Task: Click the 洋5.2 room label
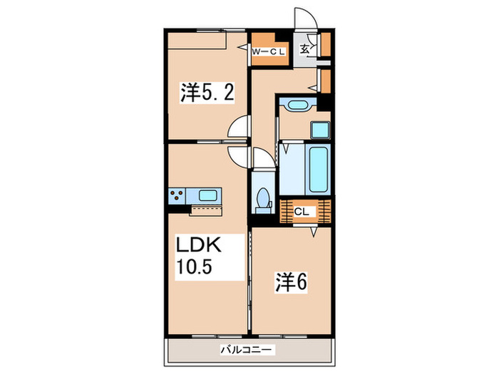click(x=207, y=92)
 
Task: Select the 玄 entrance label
click(x=304, y=49)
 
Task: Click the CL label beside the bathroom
click(x=302, y=212)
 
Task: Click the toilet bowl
click(x=262, y=197)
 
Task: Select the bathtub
click(x=317, y=170)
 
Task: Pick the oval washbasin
click(x=296, y=106)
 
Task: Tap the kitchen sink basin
click(x=209, y=195)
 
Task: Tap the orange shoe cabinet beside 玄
click(x=324, y=45)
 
